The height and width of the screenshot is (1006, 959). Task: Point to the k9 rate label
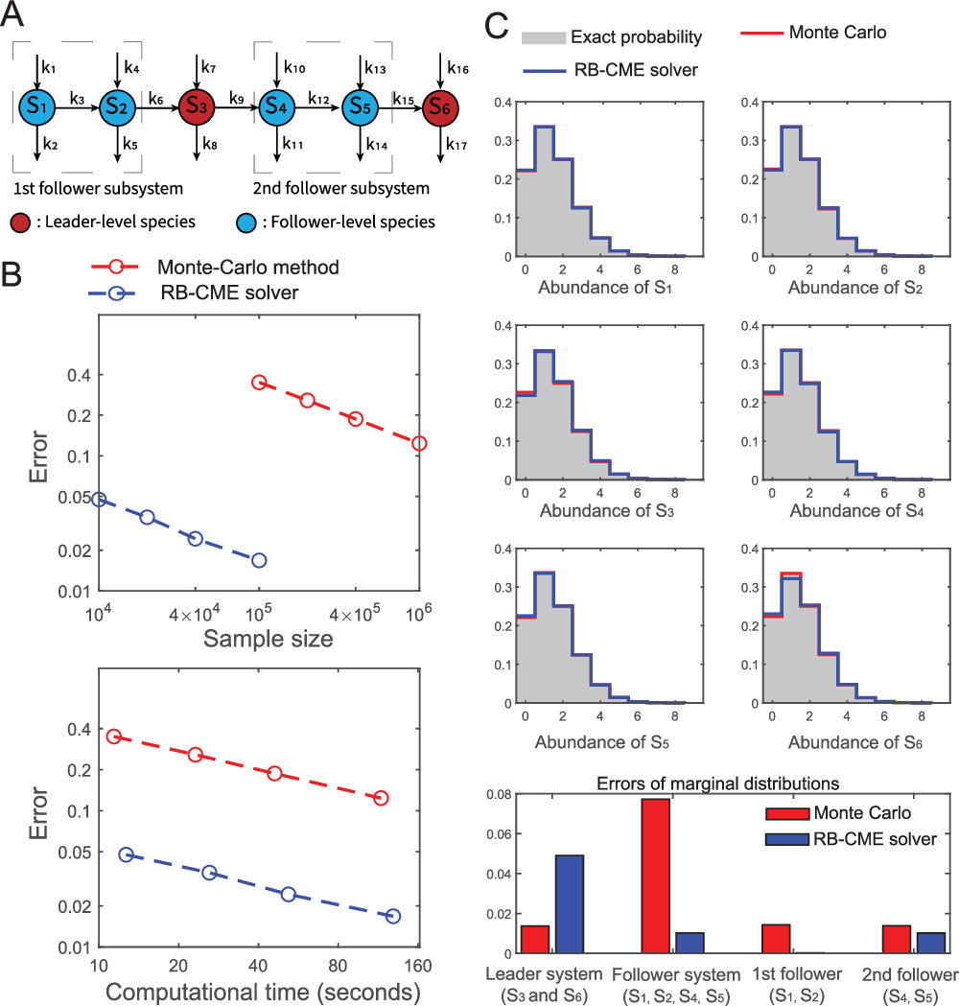tap(236, 96)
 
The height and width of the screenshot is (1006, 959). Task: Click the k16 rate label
tap(459, 67)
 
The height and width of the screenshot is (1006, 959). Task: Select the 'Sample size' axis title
tap(258, 638)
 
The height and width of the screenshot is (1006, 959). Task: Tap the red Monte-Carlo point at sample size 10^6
tap(418, 443)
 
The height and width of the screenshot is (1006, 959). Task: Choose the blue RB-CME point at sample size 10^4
tap(98, 500)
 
